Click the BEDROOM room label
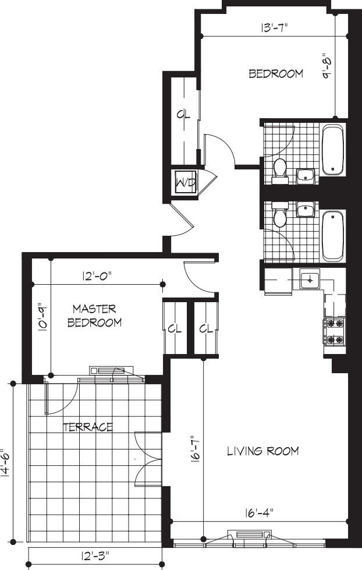tap(276, 74)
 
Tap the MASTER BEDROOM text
tap(94, 315)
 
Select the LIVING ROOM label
tap(262, 451)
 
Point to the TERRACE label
tap(87, 427)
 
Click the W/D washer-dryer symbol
tap(185, 183)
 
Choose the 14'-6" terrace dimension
tap(5, 463)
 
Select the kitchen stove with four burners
tap(335, 331)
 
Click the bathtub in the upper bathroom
tap(333, 150)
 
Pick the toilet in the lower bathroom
tap(280, 217)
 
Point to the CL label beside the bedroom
tap(183, 115)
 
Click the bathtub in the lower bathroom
tap(333, 236)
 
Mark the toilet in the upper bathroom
tap(280, 168)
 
